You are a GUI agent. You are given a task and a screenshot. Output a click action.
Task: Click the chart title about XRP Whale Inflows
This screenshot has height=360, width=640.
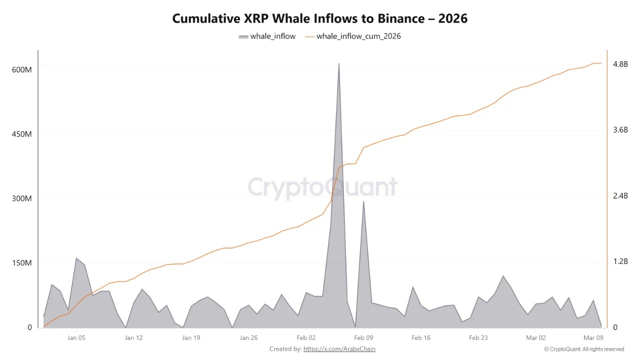coord(320,18)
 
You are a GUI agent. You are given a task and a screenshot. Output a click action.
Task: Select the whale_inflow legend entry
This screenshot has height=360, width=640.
coord(267,36)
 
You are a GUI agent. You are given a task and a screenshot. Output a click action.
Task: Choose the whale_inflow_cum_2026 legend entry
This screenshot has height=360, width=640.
coord(352,36)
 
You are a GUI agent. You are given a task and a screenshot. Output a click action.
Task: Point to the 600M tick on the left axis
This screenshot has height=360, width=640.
coord(21,69)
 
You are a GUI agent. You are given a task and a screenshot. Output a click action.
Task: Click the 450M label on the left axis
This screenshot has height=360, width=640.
coord(21,134)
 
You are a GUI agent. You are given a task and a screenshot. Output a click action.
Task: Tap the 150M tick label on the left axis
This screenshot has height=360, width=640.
coord(21,263)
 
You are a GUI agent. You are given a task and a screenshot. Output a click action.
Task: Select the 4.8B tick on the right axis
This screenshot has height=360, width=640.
coord(620,64)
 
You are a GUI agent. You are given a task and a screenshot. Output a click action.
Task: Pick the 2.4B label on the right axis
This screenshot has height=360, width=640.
coord(620,195)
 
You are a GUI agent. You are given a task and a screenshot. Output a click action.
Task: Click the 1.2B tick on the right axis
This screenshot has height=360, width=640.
coord(620,261)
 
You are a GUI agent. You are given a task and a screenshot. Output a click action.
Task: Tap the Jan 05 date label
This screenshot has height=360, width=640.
coord(76,337)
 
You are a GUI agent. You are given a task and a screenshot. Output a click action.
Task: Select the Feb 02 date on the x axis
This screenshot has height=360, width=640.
coord(306,337)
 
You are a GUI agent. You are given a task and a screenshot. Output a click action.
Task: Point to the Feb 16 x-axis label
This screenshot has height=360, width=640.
coord(421,337)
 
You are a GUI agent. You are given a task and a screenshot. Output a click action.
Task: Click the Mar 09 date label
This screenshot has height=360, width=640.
coord(593,337)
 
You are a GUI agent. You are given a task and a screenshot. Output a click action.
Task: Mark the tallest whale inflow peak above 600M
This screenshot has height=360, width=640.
coord(338,64)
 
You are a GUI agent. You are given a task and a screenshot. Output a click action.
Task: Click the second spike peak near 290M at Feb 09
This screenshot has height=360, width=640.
coord(363,201)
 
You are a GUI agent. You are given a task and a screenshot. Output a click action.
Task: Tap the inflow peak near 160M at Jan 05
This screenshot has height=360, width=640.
coord(76,258)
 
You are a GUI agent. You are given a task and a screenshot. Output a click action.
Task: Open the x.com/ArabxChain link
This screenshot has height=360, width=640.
coord(339,349)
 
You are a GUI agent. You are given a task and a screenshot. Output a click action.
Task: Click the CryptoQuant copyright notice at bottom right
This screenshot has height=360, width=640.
coord(583,349)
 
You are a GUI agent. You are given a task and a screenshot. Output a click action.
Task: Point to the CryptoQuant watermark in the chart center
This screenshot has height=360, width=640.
coord(322,187)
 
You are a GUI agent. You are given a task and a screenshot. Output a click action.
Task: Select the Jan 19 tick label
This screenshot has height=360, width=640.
coord(191,337)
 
